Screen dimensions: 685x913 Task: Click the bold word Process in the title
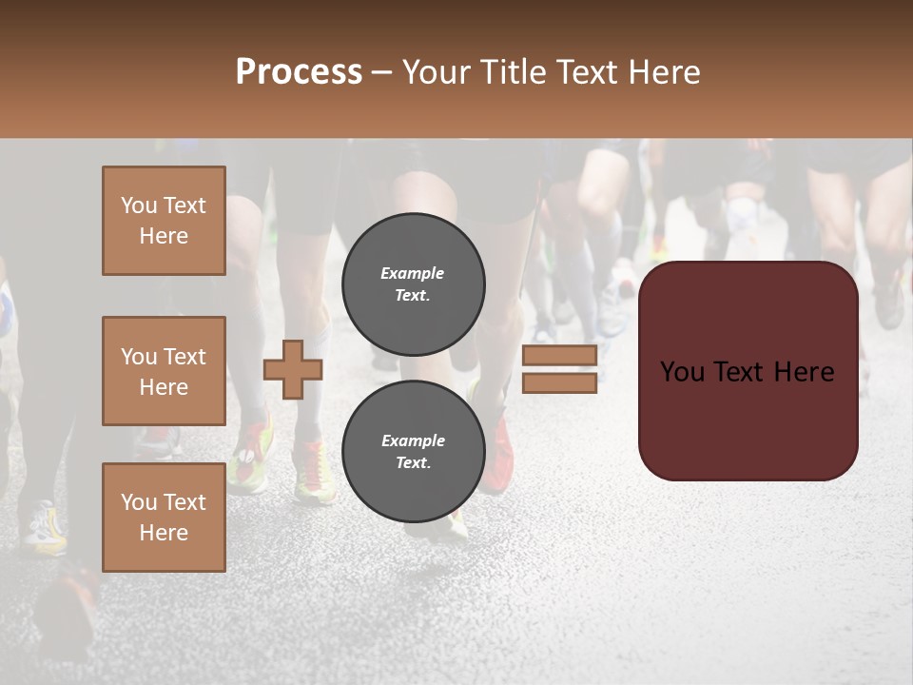(x=299, y=72)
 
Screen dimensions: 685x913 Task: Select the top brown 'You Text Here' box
(x=164, y=221)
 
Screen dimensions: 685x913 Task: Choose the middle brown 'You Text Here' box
(x=164, y=371)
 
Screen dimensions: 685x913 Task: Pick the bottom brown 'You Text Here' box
(x=164, y=518)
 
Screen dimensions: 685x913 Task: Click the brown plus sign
(x=293, y=369)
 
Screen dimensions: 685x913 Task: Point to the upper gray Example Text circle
(x=413, y=284)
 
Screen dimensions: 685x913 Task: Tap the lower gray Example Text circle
(x=413, y=452)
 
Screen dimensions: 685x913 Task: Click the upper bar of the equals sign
(x=559, y=355)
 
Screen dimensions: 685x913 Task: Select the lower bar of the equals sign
(x=559, y=383)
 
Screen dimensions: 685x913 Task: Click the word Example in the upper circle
(x=413, y=273)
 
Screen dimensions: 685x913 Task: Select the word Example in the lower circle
(x=413, y=440)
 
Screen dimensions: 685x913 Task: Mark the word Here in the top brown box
(x=164, y=236)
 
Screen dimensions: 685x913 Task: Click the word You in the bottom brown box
(x=139, y=502)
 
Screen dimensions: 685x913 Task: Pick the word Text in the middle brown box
(x=185, y=357)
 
